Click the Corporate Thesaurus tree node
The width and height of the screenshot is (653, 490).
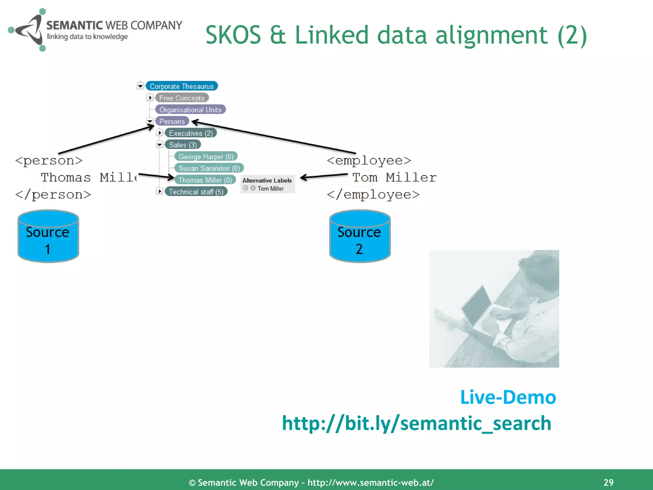point(181,86)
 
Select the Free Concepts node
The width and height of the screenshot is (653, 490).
point(182,98)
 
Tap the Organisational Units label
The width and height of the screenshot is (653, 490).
point(190,110)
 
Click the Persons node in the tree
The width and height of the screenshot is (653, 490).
point(172,121)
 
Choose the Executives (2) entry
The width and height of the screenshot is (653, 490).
point(191,133)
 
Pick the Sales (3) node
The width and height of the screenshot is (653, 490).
point(183,145)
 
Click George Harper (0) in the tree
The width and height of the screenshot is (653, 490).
point(206,157)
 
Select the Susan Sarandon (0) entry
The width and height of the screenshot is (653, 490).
point(209,168)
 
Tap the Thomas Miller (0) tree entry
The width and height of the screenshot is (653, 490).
point(205,180)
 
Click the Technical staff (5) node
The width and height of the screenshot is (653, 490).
point(196,192)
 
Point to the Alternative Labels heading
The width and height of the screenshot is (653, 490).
point(267,181)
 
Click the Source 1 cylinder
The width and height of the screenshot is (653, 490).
point(48,236)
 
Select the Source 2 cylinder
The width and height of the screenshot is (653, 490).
point(360,236)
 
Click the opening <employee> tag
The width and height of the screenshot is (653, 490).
point(369,160)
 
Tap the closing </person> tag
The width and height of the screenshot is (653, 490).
point(53,195)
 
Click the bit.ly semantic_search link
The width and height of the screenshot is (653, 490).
point(416,423)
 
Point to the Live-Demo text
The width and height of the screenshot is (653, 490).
point(508,397)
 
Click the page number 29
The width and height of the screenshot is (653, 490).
point(608,482)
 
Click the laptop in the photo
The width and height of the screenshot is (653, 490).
point(478,306)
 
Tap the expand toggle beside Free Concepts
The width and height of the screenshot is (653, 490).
point(150,98)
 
